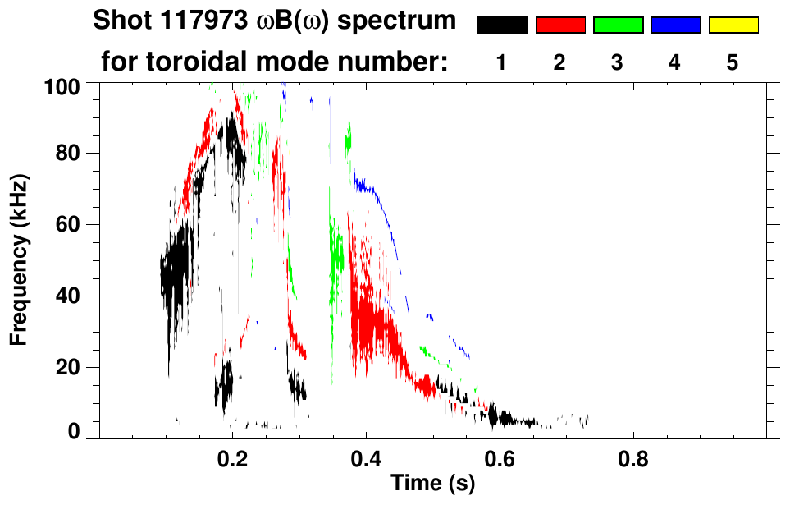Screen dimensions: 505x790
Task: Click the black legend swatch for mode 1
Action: click(502, 25)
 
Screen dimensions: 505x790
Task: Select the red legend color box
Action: click(560, 25)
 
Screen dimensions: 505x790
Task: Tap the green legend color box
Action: click(618, 25)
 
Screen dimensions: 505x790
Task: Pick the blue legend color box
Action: click(675, 25)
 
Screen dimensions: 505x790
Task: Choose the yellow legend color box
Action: click(733, 25)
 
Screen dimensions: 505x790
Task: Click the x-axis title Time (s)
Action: click(432, 483)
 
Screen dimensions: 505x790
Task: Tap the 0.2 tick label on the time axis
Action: click(233, 456)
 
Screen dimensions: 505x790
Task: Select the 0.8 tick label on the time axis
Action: click(632, 456)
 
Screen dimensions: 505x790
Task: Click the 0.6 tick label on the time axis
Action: click(498, 456)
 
